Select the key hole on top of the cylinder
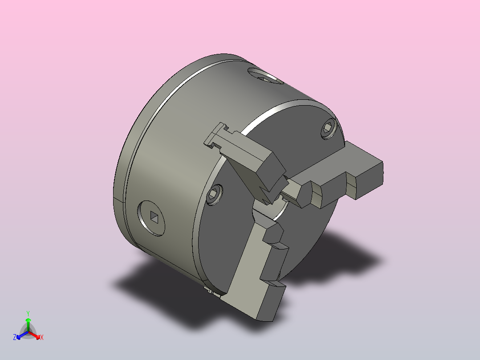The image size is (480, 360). click(x=266, y=78)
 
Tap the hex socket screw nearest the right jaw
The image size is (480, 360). click(x=328, y=129)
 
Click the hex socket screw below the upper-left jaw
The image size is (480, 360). click(x=215, y=195)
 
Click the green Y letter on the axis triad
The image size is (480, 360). click(x=28, y=313)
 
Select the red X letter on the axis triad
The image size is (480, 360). click(x=42, y=338)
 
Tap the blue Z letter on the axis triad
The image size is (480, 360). click(x=15, y=337)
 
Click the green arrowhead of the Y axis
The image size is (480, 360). click(x=28, y=320)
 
